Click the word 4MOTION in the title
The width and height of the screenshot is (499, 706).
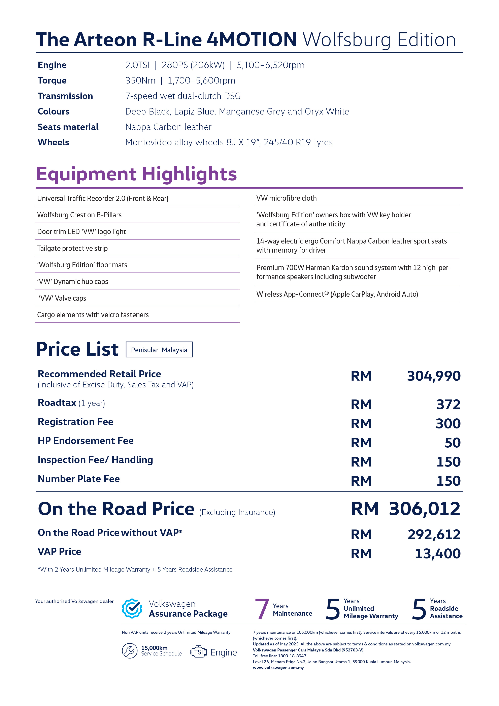(252, 40)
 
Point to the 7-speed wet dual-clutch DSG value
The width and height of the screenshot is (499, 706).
(183, 96)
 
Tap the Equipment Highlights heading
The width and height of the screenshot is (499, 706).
(136, 174)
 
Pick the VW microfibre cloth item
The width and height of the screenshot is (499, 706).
(286, 198)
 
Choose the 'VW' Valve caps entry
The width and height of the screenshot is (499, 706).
(62, 298)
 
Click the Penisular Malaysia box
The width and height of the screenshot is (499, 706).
(159, 350)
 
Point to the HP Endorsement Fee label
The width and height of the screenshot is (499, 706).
(86, 441)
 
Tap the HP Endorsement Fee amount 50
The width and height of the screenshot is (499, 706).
(452, 443)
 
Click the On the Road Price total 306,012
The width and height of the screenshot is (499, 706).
(424, 509)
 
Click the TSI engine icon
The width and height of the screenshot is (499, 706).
(198, 652)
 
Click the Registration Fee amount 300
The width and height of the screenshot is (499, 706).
(448, 424)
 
